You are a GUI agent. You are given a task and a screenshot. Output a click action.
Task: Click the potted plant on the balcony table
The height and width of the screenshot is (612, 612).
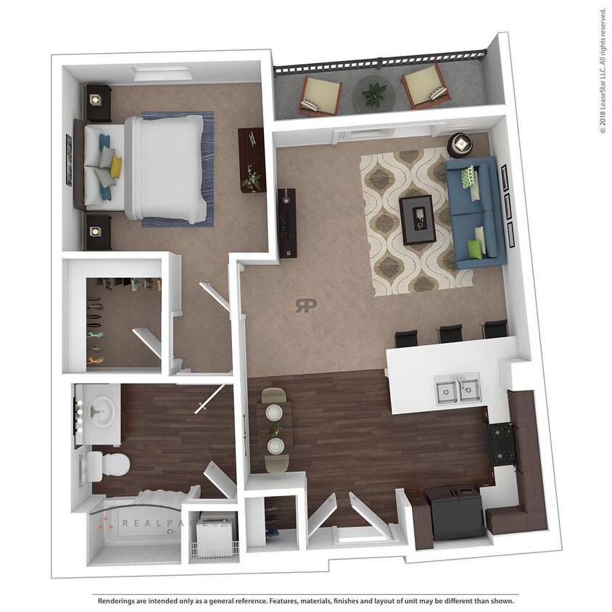point(374,92)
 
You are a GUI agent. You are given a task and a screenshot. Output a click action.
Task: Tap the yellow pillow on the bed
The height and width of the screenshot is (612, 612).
point(115,167)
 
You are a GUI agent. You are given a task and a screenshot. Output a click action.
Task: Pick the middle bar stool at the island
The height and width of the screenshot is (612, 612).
point(450,333)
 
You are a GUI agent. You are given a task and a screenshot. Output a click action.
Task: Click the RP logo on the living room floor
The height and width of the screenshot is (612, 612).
point(305,305)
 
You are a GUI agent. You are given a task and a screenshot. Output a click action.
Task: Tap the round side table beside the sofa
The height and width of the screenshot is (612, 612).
point(460,144)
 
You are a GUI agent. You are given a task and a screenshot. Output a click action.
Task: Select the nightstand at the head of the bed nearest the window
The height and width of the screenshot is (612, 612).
point(97,102)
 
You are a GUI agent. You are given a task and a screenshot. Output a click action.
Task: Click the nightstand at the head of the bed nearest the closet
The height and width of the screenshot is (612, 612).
point(97,231)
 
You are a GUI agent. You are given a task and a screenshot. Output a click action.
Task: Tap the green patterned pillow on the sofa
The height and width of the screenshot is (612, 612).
point(468,176)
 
